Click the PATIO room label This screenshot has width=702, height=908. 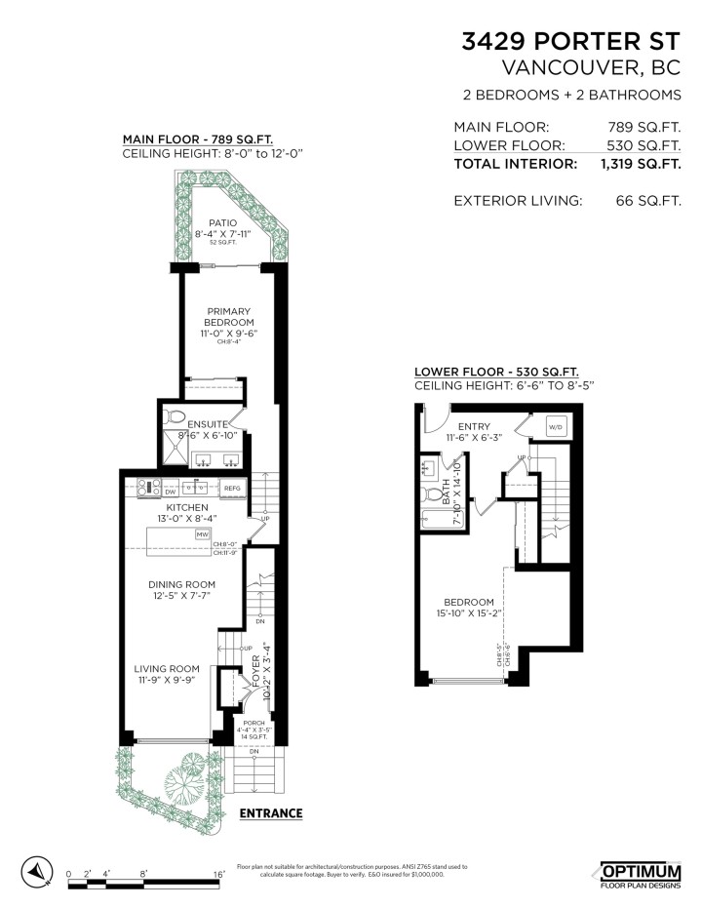pos(222,223)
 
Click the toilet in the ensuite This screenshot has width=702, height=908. pos(175,416)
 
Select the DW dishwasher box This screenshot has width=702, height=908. pos(142,493)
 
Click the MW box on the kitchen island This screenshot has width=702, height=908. pos(203,535)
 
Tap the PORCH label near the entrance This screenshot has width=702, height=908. pos(253,723)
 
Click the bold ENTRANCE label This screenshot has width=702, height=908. pos(270,813)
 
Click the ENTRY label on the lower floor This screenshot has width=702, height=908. pos(475,426)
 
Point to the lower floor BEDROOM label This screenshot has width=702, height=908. pos(469,602)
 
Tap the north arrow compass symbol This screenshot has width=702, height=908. pos(36,870)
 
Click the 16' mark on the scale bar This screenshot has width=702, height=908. pos(218,874)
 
